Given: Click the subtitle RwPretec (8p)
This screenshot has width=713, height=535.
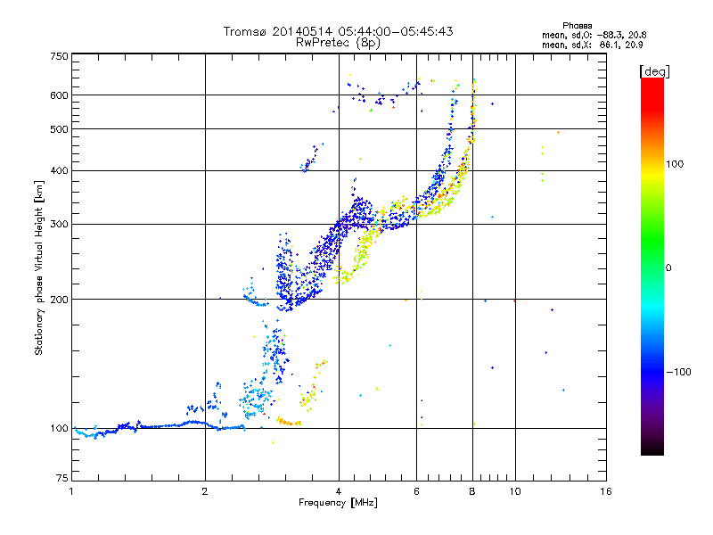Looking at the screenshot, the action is [x=338, y=43].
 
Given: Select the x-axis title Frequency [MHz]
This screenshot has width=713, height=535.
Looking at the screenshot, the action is [x=338, y=503].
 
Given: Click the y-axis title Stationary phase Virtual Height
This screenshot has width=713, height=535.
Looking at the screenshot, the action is [x=38, y=268].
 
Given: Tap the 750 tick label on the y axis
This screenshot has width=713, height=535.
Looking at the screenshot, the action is [x=60, y=56].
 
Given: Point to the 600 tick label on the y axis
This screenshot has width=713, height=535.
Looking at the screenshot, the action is [x=60, y=95].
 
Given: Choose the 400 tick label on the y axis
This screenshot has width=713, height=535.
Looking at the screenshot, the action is [x=60, y=170].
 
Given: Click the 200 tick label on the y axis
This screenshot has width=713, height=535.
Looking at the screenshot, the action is [x=60, y=300].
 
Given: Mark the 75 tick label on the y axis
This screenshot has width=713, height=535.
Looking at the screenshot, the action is [x=62, y=478].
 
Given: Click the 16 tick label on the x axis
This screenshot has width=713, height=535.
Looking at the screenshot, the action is [x=606, y=491].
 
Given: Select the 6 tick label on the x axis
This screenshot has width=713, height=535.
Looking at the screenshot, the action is [x=416, y=491].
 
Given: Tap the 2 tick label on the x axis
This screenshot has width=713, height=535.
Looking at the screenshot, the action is [x=205, y=491].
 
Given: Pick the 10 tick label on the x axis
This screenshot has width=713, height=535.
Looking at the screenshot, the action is [x=515, y=491].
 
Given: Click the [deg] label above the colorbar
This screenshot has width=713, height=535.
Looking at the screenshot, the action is [x=654, y=71].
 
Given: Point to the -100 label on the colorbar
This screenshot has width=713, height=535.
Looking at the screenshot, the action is [x=679, y=372].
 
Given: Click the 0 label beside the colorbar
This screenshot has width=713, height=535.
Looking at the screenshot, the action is [x=668, y=268].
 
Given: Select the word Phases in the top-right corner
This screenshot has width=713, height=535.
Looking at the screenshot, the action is [x=577, y=26].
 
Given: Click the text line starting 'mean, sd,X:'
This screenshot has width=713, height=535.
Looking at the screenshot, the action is [x=592, y=45].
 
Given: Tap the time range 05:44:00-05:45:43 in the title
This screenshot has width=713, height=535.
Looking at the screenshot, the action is [x=395, y=31].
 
